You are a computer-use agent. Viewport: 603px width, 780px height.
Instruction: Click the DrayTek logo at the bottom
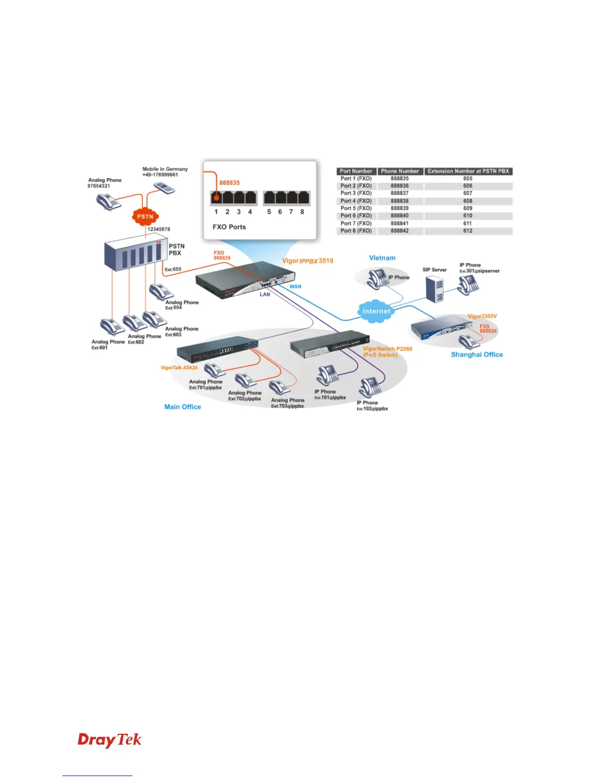109,740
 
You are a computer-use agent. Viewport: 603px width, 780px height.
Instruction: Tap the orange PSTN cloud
145,216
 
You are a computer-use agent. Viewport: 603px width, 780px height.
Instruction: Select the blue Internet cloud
376,311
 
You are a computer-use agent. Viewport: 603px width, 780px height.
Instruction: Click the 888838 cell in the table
400,201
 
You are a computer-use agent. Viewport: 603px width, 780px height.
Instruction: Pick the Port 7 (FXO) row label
356,223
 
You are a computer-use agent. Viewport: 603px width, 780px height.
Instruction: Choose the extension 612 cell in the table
468,230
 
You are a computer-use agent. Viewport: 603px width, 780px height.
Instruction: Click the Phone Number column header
400,171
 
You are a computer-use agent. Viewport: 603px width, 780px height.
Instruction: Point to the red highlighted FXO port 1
216,198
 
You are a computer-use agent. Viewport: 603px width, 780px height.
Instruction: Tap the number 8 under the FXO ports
302,212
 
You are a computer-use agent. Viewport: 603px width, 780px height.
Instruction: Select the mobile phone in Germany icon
164,188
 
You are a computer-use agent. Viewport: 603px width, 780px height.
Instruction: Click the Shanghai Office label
477,355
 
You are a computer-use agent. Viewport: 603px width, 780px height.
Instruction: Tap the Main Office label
183,407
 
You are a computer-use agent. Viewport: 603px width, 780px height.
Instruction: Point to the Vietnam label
382,258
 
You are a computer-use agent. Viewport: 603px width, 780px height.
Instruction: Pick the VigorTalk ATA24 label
179,368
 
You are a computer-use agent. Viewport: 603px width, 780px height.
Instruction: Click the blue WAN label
295,287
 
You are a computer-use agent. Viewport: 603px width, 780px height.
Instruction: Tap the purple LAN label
265,294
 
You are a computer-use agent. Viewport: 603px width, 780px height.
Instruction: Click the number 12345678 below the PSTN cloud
159,229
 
